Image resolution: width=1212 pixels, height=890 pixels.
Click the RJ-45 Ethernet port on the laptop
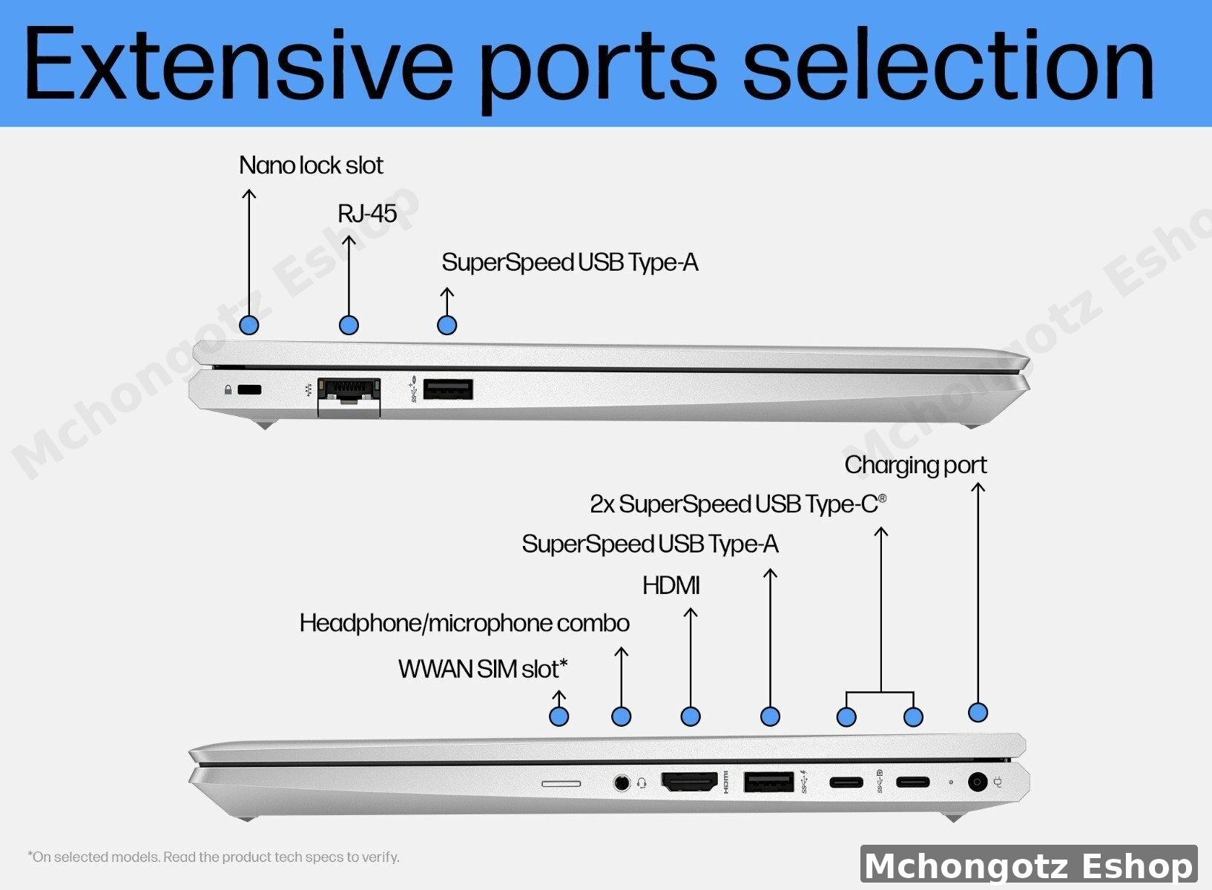click(x=349, y=398)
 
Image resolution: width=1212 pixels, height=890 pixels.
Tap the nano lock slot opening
click(x=250, y=389)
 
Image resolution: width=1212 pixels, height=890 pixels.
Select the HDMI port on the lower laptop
click(x=689, y=782)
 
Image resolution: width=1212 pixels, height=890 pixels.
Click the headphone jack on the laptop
click(x=622, y=782)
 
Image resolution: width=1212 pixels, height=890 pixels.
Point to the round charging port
click(x=977, y=782)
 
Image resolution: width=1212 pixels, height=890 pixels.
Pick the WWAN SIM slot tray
click(x=561, y=783)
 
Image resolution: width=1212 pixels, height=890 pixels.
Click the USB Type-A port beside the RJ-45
click(x=448, y=389)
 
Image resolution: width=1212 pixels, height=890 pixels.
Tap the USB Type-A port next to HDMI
click(x=768, y=782)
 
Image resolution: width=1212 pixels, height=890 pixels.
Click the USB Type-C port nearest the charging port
click(x=913, y=782)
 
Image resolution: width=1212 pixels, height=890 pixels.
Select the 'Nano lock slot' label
click(x=311, y=165)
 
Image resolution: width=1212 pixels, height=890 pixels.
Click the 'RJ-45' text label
click(x=367, y=214)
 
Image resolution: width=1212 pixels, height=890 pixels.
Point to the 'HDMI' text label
click(x=671, y=585)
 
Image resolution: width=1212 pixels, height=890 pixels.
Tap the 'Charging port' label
click(x=915, y=466)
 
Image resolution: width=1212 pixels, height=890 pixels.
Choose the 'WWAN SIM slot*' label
click(x=483, y=669)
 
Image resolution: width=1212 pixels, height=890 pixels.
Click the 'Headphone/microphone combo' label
click(x=465, y=623)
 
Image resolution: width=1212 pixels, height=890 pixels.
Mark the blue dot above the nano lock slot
click(x=249, y=325)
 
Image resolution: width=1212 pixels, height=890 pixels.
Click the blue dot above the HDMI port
click(x=691, y=717)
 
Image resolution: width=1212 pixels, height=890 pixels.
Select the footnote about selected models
click(x=214, y=857)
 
